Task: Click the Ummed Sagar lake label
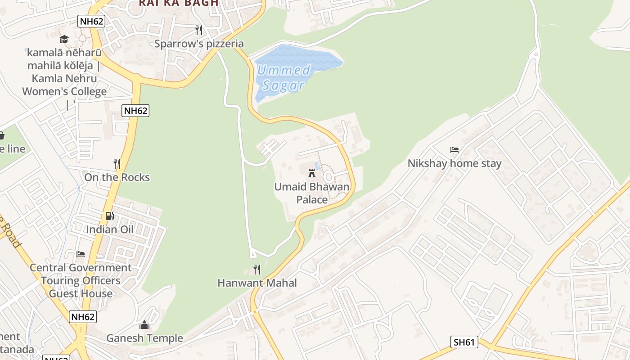tap(283, 77)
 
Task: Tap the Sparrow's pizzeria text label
tap(199, 44)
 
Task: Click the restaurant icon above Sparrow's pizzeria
tap(199, 30)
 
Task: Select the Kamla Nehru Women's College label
tap(64, 72)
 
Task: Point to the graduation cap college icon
tap(64, 39)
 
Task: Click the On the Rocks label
tap(117, 177)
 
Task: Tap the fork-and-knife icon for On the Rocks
tap(117, 163)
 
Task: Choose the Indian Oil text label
tap(110, 229)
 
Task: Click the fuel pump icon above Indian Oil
tap(109, 216)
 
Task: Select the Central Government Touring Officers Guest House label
tap(81, 281)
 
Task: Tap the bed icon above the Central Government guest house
tap(81, 254)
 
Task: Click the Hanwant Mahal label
tap(257, 283)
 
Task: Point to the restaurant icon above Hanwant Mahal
tap(257, 270)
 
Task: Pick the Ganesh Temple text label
tap(144, 338)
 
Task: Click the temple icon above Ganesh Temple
tap(144, 324)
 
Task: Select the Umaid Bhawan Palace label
tap(312, 193)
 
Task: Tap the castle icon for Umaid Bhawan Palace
tap(311, 173)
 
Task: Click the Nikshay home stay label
tap(454, 163)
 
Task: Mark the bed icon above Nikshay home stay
tap(454, 150)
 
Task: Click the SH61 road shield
tap(464, 342)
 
